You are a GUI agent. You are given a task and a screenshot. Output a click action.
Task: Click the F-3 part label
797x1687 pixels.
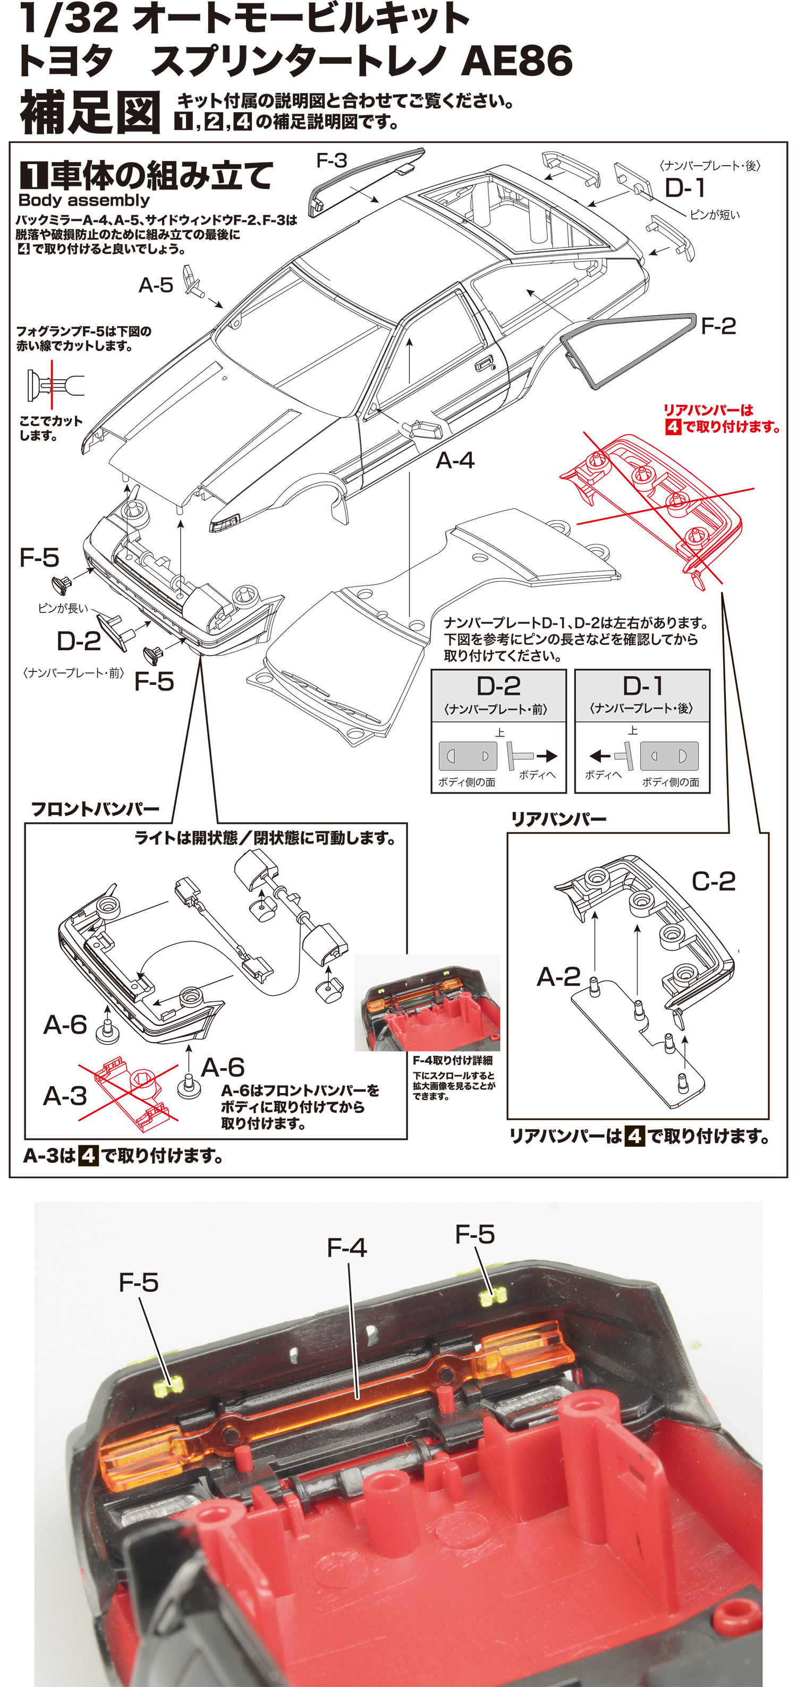[x=332, y=160]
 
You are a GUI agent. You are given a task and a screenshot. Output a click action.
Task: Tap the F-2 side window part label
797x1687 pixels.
[x=718, y=326]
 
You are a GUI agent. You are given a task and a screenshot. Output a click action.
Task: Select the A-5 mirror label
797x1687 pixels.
[x=156, y=285]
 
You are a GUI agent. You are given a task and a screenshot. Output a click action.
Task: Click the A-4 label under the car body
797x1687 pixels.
[x=454, y=461]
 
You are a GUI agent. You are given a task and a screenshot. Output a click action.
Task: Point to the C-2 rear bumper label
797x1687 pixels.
[x=713, y=882]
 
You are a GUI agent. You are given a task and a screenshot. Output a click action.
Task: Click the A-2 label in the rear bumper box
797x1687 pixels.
[x=558, y=977]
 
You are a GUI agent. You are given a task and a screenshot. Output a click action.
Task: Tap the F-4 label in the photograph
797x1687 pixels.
[x=346, y=1248]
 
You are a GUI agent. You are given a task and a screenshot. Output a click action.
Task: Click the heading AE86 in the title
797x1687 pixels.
[x=516, y=61]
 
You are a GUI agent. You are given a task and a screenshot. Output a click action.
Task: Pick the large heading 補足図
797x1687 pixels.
[x=90, y=112]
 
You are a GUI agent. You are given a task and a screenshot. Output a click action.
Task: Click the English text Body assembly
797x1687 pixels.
[x=84, y=200]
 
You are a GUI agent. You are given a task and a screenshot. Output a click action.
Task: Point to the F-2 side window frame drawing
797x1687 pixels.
[x=625, y=347]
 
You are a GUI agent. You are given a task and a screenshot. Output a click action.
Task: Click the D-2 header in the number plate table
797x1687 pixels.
[x=498, y=686]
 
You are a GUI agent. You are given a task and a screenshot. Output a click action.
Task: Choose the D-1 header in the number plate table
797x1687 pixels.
[x=642, y=686]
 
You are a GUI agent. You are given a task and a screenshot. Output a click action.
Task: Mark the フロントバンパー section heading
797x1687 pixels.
[x=96, y=809]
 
